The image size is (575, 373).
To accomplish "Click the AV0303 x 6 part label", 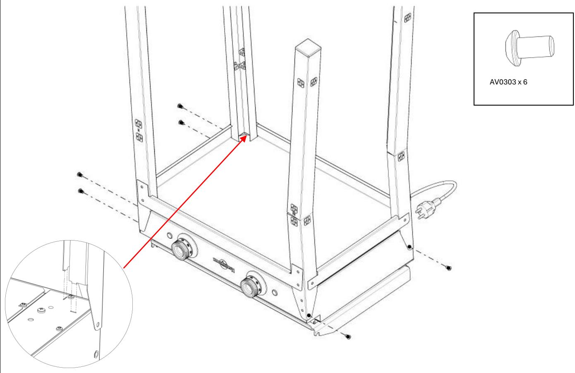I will point(508,82).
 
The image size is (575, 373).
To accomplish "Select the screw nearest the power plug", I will point(449,268).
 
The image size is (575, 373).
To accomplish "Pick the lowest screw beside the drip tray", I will point(349,336).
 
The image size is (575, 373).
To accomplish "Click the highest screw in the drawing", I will point(180,106).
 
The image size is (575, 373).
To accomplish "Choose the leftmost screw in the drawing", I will point(79,175).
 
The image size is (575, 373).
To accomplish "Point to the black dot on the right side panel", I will point(409,247).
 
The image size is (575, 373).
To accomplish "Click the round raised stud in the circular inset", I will point(41,309).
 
